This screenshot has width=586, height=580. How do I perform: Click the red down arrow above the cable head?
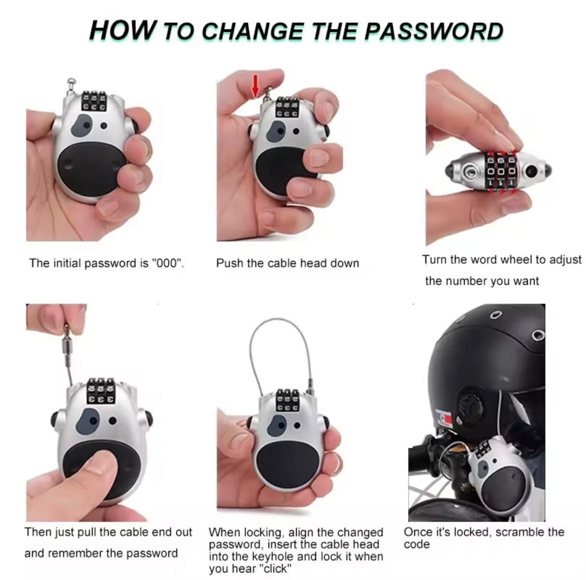(x=255, y=85)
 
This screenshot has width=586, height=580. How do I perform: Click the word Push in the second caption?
(x=228, y=263)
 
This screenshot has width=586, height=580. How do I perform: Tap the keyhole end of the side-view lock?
(x=470, y=172)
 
